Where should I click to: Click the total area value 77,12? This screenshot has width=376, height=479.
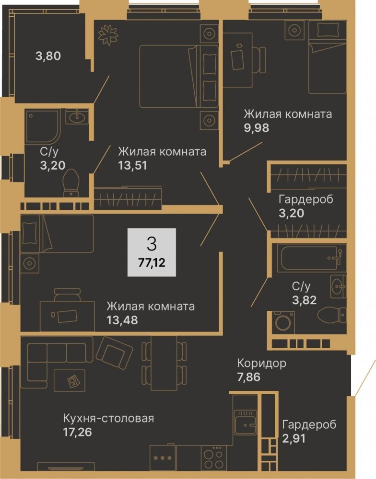(x=152, y=262)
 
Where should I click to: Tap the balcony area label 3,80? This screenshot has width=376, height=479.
(x=48, y=56)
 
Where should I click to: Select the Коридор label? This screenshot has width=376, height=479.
(x=262, y=363)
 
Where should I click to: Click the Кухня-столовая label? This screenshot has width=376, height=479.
(x=108, y=418)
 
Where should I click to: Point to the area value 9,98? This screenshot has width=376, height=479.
(x=257, y=128)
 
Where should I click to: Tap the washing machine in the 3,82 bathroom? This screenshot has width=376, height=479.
(x=283, y=322)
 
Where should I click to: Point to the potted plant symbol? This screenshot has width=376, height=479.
(x=108, y=35)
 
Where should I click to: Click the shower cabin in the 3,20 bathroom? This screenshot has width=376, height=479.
(x=43, y=126)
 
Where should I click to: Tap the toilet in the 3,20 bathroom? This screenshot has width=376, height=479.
(x=71, y=183)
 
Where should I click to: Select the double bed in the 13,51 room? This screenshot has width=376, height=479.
(x=179, y=76)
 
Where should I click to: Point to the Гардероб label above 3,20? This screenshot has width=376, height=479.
(x=306, y=199)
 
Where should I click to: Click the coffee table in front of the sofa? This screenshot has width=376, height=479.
(x=70, y=380)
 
